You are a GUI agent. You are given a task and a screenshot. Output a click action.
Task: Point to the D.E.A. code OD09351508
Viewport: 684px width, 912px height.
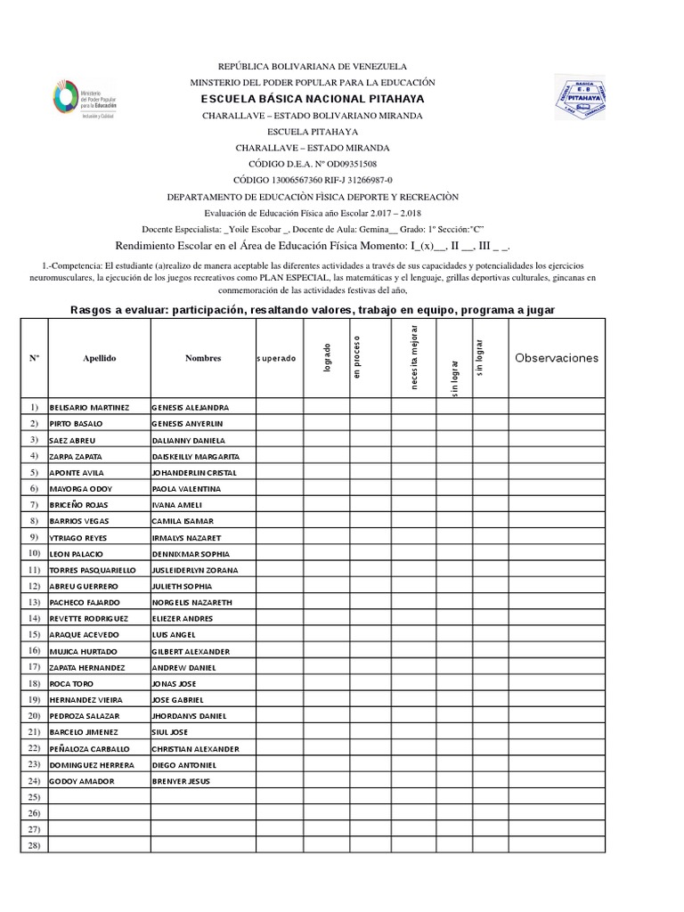(342, 164)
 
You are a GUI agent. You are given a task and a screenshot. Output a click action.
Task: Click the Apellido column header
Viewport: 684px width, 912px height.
(100, 358)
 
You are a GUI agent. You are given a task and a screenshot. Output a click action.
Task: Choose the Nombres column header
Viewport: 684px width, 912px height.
(202, 358)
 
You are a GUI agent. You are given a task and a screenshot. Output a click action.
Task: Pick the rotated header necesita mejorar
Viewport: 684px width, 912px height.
(414, 359)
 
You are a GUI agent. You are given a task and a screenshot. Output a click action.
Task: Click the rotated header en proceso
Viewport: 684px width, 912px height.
(356, 357)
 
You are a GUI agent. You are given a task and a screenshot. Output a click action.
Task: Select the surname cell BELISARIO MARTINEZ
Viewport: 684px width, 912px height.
(90, 407)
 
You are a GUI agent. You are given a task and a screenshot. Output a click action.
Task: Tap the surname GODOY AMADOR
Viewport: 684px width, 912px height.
(83, 780)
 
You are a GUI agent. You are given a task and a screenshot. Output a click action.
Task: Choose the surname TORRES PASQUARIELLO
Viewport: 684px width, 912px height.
(94, 569)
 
